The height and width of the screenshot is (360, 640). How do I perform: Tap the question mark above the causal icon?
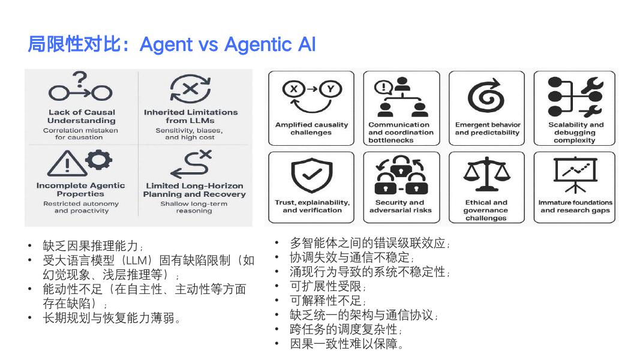80,78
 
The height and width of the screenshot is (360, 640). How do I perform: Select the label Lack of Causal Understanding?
81,116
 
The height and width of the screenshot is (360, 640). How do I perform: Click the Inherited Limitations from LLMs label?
190,116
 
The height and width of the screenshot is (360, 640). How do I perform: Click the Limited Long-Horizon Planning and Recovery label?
194,190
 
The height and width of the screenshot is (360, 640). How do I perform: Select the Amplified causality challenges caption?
311,128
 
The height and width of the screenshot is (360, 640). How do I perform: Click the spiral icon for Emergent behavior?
486,96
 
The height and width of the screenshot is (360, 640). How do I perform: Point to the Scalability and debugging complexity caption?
575,133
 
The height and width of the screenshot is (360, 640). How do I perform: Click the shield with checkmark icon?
311,174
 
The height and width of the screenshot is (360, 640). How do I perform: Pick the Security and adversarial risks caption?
400,206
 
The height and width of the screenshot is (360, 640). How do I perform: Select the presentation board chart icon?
575,173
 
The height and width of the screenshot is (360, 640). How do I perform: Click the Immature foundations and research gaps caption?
575,206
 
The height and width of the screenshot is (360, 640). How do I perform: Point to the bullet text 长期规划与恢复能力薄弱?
111,318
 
